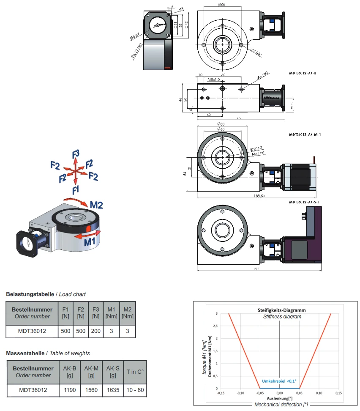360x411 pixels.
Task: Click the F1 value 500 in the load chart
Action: [x=65, y=331]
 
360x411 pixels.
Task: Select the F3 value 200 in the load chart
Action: [x=96, y=331]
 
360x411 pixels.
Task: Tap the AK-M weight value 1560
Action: [x=91, y=390]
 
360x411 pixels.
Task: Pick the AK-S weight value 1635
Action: [x=113, y=390]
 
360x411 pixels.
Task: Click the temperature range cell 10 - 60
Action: [x=135, y=390]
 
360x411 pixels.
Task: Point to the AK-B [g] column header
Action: [x=69, y=372]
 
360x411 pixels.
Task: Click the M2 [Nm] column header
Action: [x=128, y=313]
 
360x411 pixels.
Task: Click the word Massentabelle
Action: [x=25, y=353]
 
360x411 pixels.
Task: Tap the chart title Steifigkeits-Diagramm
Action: [x=281, y=310]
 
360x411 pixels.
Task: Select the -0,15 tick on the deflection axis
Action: [x=221, y=393]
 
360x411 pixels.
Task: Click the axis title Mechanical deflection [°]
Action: [x=281, y=405]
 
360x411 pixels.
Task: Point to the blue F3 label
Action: [x=76, y=154]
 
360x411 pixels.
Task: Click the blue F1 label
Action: [x=76, y=187]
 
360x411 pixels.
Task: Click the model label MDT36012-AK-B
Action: [x=303, y=74]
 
